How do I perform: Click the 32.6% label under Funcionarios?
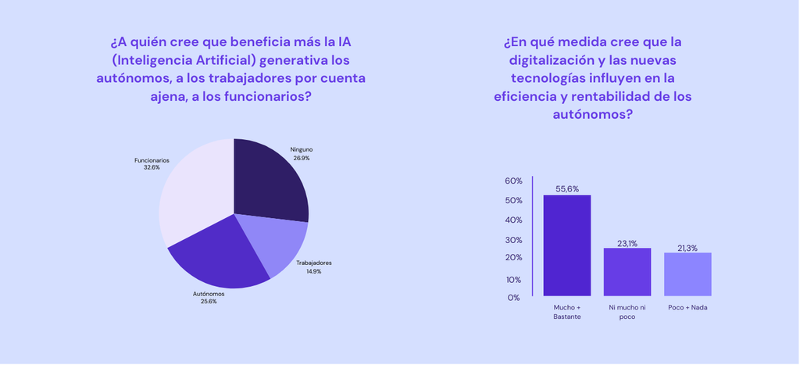coord(152,167)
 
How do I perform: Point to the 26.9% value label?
coord(302,158)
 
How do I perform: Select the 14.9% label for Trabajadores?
coord(313,271)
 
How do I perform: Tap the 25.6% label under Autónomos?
coord(209,301)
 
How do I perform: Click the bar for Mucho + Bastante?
coord(567,245)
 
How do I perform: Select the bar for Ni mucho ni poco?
coord(627,272)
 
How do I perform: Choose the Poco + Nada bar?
coord(687,274)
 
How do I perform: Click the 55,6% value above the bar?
coord(567,188)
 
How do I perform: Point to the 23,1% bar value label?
coord(628,243)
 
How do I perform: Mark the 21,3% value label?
coord(687,248)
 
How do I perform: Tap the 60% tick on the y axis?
coord(513,181)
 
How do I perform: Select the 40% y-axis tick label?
coord(513,220)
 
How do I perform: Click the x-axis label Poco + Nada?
coord(687,308)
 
